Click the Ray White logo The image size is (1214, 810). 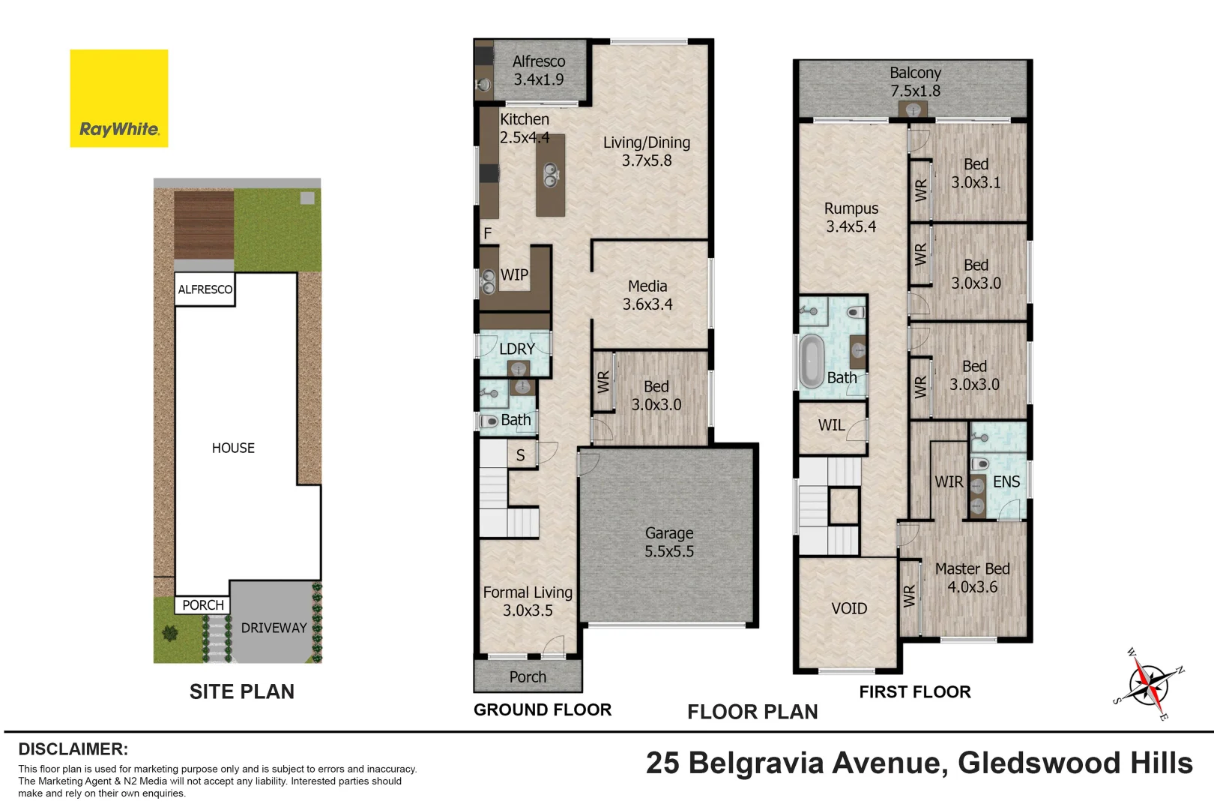119,98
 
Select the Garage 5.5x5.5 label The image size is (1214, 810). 669,542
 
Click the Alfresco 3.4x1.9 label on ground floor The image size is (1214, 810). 539,70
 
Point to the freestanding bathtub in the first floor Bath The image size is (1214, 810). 812,361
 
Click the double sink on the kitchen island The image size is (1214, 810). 550,175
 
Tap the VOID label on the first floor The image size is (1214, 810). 849,609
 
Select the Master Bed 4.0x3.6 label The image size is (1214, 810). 972,578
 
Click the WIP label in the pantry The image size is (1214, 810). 514,275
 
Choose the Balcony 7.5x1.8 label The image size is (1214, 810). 915,82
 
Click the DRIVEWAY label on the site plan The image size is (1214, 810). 274,628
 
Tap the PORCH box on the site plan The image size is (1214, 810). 203,605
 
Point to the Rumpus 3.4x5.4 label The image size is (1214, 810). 851,217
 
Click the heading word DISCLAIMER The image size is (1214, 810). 73,749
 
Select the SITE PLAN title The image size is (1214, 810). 242,691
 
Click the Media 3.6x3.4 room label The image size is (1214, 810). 647,295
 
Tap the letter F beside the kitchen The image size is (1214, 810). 488,234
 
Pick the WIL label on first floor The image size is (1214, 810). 831,425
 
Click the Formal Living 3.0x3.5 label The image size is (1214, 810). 528,601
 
